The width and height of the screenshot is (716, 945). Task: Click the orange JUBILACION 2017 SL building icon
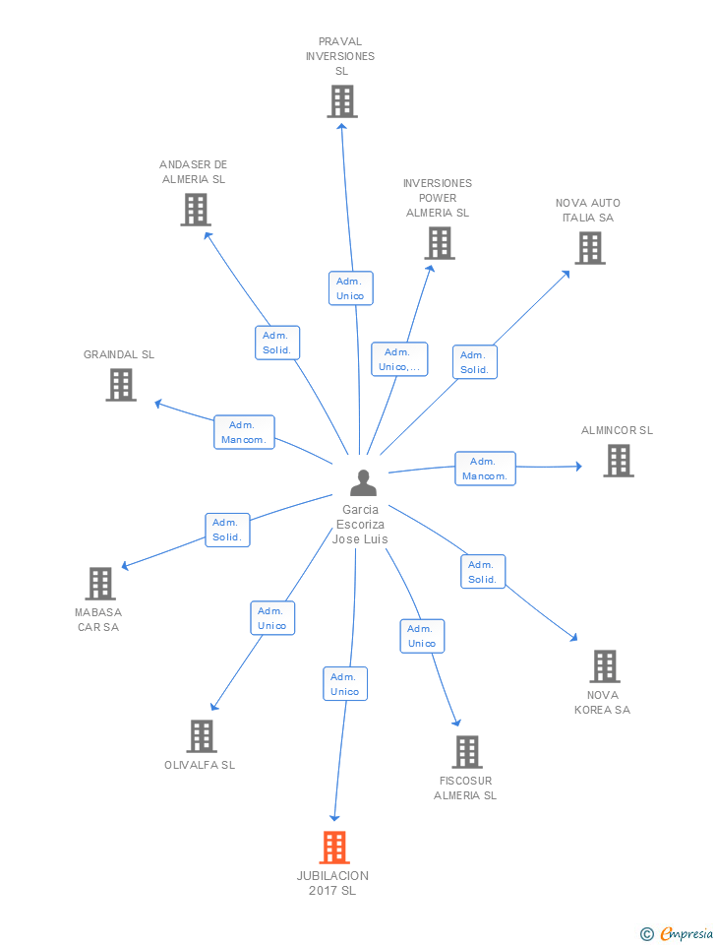tap(334, 847)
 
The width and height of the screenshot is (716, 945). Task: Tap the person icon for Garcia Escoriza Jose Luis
tap(363, 482)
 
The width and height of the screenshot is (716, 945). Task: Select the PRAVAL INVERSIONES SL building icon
tap(342, 101)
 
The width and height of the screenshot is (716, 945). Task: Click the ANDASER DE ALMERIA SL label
tap(194, 171)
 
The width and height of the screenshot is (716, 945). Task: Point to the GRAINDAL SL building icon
tap(121, 385)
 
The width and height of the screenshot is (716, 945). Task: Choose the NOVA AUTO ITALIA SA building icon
tap(590, 248)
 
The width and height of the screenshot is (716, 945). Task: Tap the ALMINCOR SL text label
tap(617, 430)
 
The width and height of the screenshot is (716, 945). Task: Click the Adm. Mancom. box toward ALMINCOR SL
tap(485, 469)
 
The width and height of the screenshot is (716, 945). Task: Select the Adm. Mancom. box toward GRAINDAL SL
tap(244, 432)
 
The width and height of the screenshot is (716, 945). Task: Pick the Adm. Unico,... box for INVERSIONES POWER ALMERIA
tap(399, 359)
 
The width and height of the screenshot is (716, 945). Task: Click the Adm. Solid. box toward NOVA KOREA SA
tap(482, 572)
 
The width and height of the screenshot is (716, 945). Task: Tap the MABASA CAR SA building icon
tap(100, 584)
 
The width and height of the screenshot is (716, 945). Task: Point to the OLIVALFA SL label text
tap(200, 765)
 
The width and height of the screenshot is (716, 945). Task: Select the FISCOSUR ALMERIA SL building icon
tap(467, 751)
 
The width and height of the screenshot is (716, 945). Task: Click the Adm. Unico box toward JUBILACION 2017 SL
tap(345, 684)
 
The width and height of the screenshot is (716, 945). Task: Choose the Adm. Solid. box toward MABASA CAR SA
tap(227, 530)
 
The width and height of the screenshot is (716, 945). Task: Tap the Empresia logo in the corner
tap(677, 933)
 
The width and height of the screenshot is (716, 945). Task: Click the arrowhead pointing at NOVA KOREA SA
tap(574, 637)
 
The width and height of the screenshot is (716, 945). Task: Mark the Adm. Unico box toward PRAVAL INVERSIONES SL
tap(350, 288)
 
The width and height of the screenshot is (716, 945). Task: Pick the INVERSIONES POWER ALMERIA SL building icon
tap(440, 243)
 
